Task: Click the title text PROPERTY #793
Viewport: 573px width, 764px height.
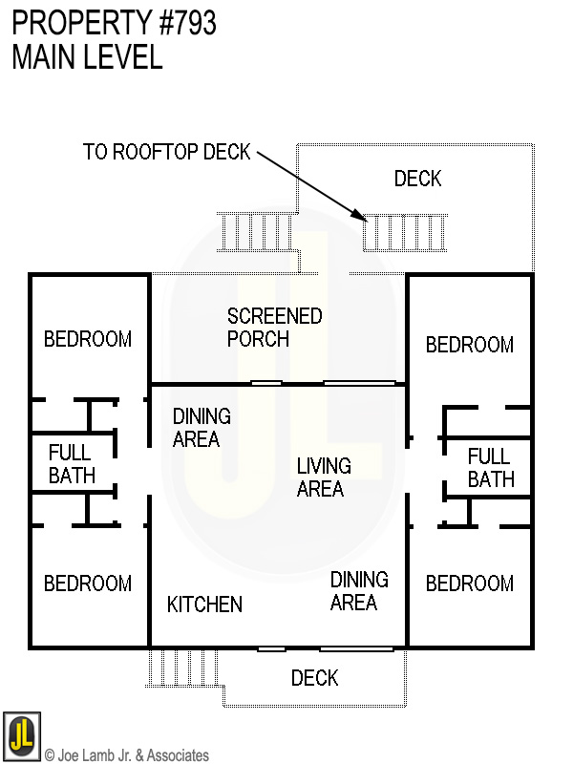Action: click(x=115, y=23)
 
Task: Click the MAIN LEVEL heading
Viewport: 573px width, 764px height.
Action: click(x=87, y=57)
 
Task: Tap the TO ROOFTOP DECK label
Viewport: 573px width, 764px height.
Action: click(x=166, y=152)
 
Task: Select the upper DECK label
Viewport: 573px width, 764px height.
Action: click(x=417, y=179)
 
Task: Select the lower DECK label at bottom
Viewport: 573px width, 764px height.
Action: click(x=314, y=678)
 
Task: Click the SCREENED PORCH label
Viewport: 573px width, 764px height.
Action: click(x=274, y=327)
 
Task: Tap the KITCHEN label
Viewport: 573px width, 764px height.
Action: click(x=204, y=605)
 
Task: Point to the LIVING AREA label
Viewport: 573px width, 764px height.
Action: click(x=323, y=477)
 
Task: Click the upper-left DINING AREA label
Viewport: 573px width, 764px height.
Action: click(x=201, y=428)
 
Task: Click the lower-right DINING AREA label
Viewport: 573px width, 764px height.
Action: click(x=359, y=591)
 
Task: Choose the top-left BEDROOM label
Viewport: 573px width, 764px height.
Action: click(x=88, y=339)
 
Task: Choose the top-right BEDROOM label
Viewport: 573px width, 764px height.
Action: click(x=469, y=345)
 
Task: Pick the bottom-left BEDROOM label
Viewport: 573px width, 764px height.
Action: click(x=88, y=584)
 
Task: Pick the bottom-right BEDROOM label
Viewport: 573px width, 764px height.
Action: click(x=469, y=584)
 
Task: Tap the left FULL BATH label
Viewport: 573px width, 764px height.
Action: click(x=72, y=464)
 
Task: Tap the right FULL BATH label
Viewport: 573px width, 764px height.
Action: click(x=490, y=468)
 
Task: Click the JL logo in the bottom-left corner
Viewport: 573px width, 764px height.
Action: click(x=21, y=735)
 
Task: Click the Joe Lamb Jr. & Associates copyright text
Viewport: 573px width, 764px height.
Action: click(x=127, y=755)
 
